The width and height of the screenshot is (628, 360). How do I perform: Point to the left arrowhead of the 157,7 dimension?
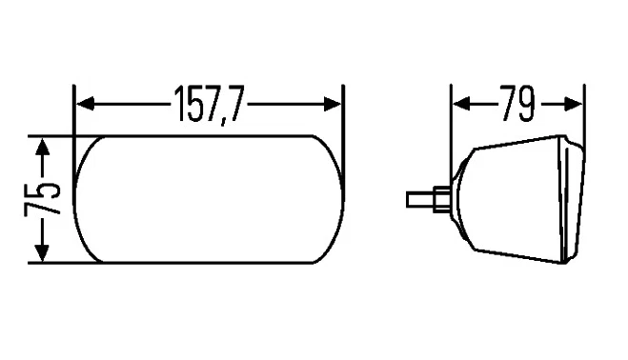(83, 102)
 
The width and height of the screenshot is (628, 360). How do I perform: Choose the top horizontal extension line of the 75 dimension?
(57, 136)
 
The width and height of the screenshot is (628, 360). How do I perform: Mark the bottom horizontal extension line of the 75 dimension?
(57, 263)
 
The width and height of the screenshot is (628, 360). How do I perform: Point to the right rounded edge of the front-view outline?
(340, 200)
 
